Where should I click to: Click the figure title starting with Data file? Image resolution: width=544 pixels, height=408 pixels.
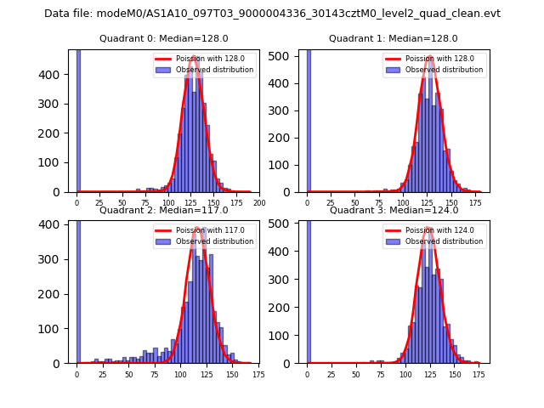point(272,14)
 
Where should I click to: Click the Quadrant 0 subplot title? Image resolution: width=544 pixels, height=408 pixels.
point(163,38)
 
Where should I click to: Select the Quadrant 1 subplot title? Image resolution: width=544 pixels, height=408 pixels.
point(394,38)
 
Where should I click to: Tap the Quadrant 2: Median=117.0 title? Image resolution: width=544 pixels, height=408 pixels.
point(163,210)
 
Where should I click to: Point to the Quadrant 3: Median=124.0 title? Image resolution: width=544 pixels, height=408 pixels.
point(394,210)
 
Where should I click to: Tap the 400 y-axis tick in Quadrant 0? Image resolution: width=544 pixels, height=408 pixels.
point(56,75)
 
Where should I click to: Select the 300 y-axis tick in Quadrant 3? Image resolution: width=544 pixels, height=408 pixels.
point(286,279)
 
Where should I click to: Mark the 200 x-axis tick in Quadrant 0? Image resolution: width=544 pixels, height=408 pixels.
point(259,203)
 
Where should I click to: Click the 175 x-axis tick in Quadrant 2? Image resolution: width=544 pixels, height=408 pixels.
point(258,374)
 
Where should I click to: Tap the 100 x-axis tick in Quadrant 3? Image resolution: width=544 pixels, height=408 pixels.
point(405,374)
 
